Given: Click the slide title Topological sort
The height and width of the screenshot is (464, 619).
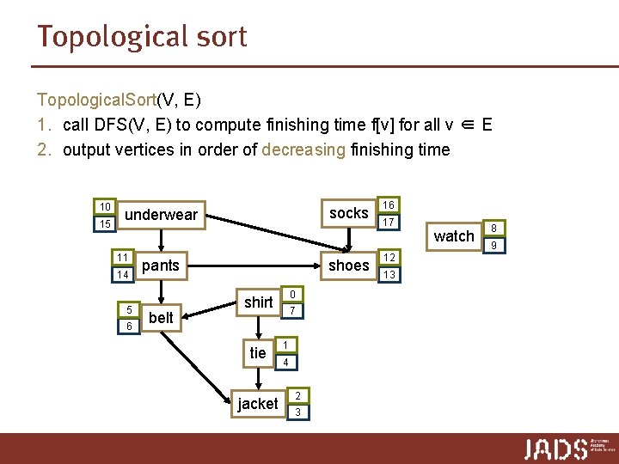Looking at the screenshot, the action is pos(142,37).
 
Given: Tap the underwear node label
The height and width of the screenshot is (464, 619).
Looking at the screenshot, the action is pos(162,215).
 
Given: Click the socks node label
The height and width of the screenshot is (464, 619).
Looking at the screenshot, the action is pos(348,213).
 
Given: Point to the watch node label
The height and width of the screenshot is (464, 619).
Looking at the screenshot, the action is pos(454,235).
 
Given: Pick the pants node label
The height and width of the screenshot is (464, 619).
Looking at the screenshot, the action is pos(161,266).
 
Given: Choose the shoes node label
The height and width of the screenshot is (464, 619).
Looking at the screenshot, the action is pos(348,266).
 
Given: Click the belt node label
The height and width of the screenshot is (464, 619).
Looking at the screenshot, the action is pos(161,317).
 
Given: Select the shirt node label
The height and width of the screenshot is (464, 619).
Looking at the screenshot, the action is pos(258,302).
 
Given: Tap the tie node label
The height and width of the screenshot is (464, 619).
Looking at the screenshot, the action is pos(258,353).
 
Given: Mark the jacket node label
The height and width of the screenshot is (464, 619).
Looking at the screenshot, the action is pos(258,404).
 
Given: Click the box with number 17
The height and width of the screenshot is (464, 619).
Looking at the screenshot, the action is pos(389,223).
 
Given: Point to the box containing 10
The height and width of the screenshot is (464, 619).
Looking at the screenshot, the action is pos(105,207).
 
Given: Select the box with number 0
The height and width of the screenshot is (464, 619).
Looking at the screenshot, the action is pos(292,293).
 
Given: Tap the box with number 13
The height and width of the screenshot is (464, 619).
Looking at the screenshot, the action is pos(389,275).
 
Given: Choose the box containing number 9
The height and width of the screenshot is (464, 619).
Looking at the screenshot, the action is pos(494,245).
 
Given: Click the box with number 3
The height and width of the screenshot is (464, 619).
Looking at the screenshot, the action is pos(297,412).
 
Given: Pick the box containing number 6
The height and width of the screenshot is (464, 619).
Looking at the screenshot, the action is pos(128,327).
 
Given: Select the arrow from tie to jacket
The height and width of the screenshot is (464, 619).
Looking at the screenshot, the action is pos(258,378).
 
